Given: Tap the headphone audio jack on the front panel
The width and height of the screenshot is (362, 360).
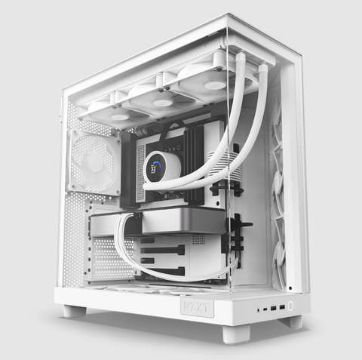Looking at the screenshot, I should click(259, 309).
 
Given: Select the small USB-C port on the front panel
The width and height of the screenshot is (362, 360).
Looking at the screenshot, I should click(266, 309).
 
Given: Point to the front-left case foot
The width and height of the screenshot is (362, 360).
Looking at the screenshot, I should click(75, 310).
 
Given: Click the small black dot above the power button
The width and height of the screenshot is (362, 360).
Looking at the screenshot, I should click(289, 288).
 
